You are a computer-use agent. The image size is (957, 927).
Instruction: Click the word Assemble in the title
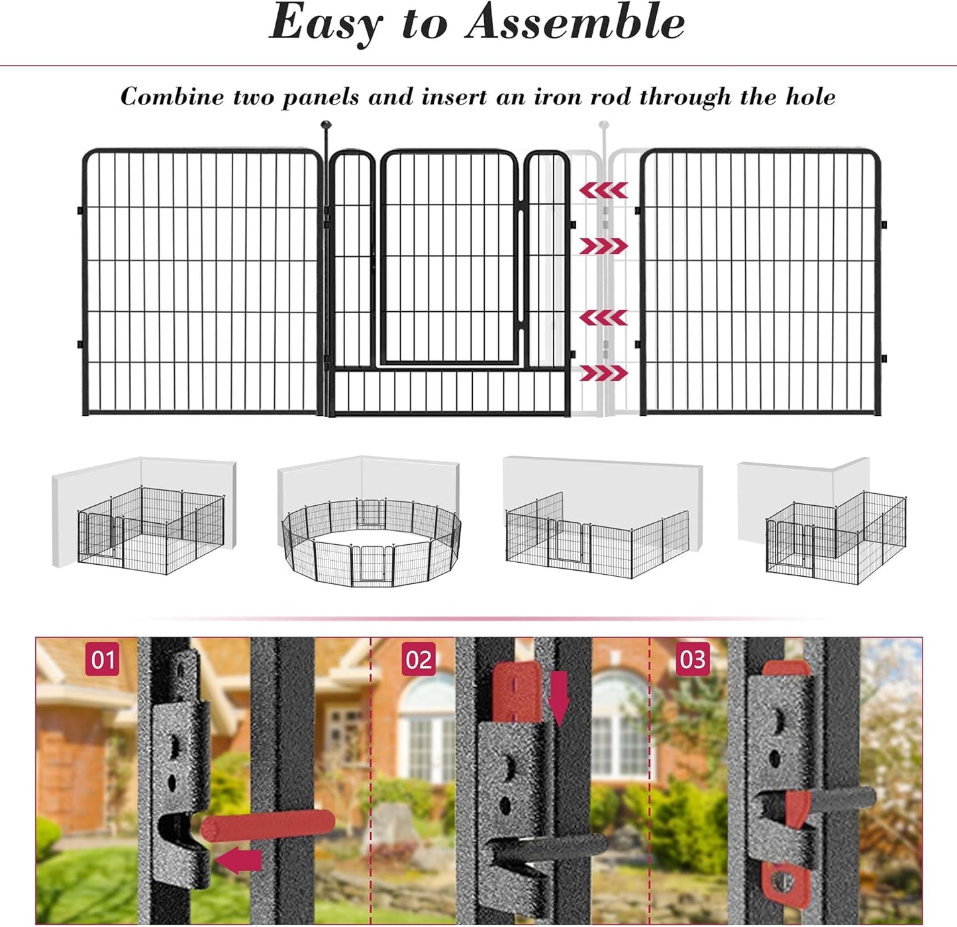(575, 23)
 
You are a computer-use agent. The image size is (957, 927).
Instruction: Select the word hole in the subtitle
(810, 97)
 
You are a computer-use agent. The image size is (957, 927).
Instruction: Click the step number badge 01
(103, 659)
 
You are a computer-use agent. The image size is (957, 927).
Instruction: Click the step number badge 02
(419, 659)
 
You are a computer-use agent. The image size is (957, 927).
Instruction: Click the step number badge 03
(693, 659)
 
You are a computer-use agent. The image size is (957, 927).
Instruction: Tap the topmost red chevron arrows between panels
(603, 191)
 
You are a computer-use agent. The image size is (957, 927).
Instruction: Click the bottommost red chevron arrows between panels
(603, 373)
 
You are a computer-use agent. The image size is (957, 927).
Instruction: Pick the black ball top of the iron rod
(325, 124)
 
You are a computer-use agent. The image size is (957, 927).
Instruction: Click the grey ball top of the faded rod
(603, 124)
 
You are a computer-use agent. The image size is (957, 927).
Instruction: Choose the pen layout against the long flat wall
(596, 536)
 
